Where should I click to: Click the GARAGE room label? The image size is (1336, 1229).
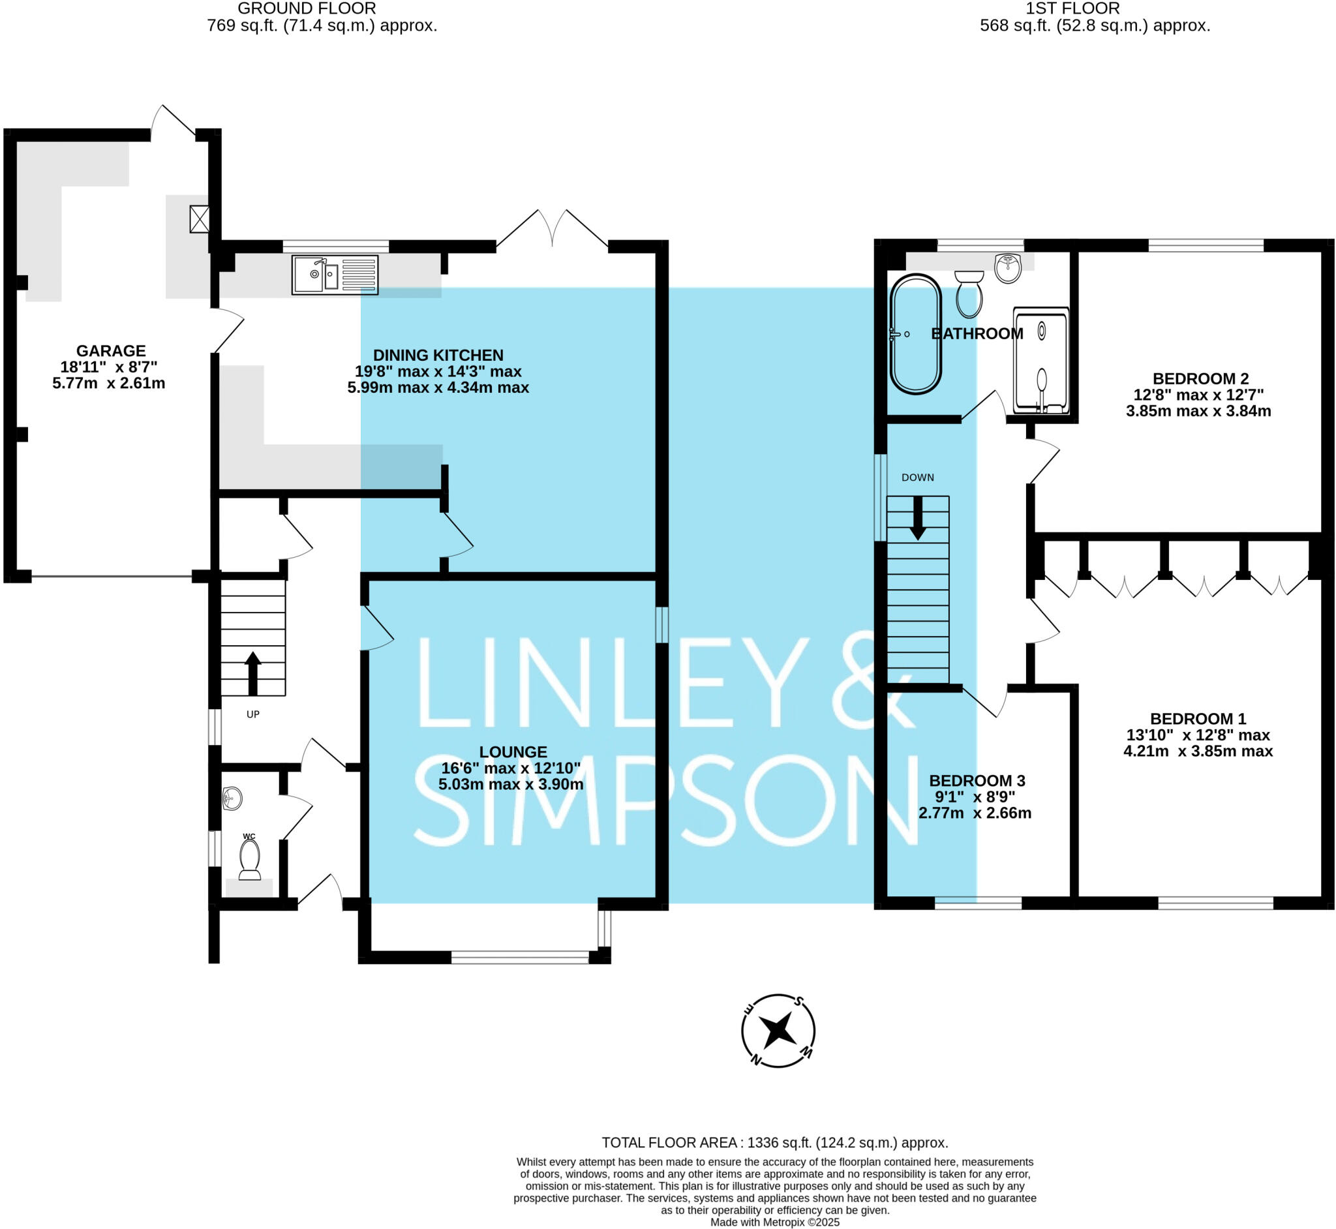[x=110, y=350]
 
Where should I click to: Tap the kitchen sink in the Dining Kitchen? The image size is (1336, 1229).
[x=335, y=275]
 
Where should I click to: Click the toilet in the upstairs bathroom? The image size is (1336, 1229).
[x=969, y=295]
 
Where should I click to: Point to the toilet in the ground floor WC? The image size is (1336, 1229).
[x=249, y=860]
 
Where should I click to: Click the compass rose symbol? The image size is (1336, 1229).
[x=778, y=1031]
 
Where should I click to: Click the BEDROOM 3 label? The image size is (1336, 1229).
[x=977, y=780]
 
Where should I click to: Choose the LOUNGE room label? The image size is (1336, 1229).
[x=513, y=751]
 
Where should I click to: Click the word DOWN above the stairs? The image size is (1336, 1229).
[x=918, y=478]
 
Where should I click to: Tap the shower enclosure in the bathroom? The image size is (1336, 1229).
[x=1040, y=361]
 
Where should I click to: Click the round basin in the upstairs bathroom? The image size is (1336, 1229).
[x=1008, y=268]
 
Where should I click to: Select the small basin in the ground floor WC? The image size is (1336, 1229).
[x=232, y=798]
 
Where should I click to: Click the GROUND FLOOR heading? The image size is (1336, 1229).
[x=307, y=8]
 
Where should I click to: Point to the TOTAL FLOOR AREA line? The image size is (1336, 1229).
[x=775, y=1142]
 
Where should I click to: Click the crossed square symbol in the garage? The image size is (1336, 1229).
[x=200, y=219]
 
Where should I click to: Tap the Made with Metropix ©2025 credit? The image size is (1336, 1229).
[x=775, y=1222]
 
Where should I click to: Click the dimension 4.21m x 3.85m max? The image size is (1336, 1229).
[x=1198, y=751]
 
